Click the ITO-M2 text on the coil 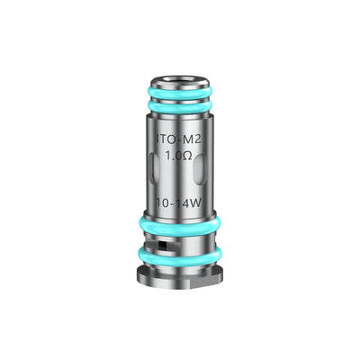[180, 140]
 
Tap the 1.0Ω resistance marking [180, 157]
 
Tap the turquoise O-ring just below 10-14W [180, 220]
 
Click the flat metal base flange [180, 271]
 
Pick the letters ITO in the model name [166, 140]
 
